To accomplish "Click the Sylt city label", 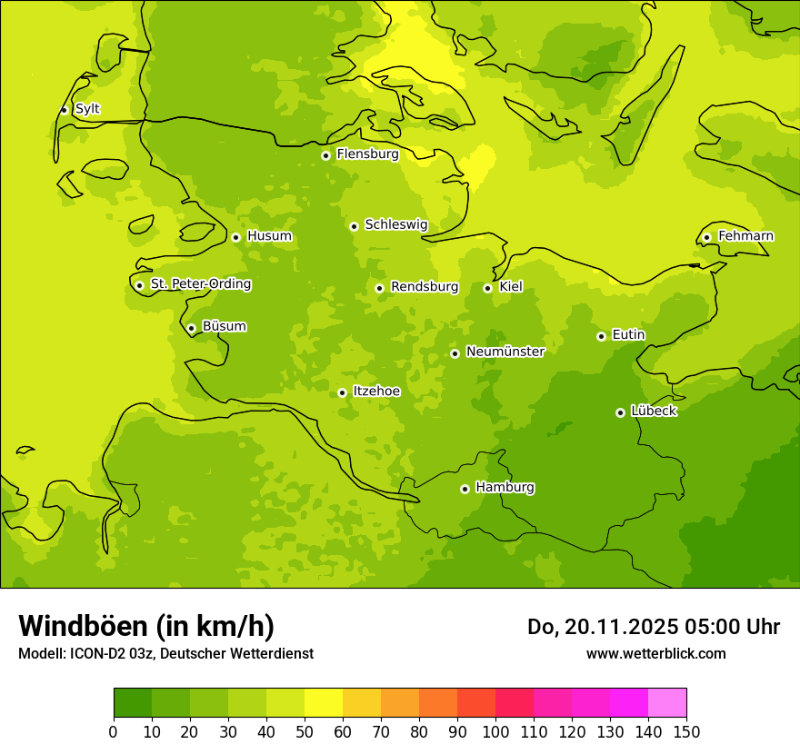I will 87,109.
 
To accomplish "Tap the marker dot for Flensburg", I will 325,155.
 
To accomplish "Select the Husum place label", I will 269,236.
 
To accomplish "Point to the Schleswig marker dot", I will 354,226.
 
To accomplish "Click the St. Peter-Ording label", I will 201,284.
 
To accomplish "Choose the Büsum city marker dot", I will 191,328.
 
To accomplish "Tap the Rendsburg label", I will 425,287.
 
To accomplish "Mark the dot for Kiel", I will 487,288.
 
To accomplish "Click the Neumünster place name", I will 505,352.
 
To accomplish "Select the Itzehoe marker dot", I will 342,392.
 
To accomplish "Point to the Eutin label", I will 628,335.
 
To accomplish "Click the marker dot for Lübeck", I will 620,412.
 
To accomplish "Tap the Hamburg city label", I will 505,488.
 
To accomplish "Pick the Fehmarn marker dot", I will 706,237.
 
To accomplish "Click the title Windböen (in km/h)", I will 146,626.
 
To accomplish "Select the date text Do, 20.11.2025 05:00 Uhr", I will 653,627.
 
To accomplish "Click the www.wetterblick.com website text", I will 655,653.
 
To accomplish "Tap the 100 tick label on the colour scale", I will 495,731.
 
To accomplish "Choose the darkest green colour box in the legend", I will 133,702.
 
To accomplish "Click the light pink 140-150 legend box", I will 667,702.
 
